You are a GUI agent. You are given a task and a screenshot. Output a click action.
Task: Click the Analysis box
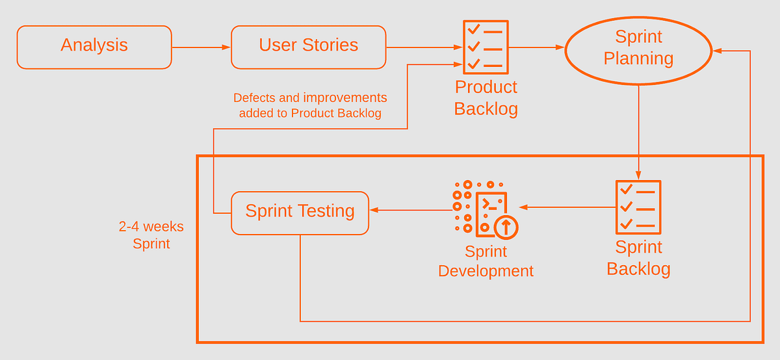click(x=94, y=47)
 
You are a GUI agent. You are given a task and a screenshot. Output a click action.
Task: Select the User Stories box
click(x=308, y=47)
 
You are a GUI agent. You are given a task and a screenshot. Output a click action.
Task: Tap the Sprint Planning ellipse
click(x=638, y=49)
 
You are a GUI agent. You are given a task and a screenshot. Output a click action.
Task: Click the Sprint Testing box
click(x=300, y=212)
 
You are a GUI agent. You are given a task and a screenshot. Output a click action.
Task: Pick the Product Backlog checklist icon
click(x=486, y=47)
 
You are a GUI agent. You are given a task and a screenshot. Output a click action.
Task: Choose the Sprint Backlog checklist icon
click(x=638, y=207)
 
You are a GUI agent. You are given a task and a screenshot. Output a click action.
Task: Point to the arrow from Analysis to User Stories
click(x=201, y=47)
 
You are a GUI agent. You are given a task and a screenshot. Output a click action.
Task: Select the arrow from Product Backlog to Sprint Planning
click(x=536, y=47)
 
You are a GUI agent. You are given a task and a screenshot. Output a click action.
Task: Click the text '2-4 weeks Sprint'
click(x=151, y=235)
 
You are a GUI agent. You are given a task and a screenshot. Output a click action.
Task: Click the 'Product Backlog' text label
click(x=486, y=97)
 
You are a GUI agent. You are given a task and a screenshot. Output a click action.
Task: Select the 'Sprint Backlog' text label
click(x=638, y=258)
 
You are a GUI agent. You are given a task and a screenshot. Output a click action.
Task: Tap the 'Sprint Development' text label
click(x=486, y=261)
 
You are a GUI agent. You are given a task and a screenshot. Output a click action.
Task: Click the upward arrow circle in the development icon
click(x=506, y=227)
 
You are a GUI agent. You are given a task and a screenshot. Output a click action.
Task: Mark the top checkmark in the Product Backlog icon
click(x=474, y=30)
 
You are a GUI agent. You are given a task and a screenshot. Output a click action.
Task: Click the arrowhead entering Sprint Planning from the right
click(x=717, y=51)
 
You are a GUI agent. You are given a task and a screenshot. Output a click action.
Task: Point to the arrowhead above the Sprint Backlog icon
click(x=638, y=175)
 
